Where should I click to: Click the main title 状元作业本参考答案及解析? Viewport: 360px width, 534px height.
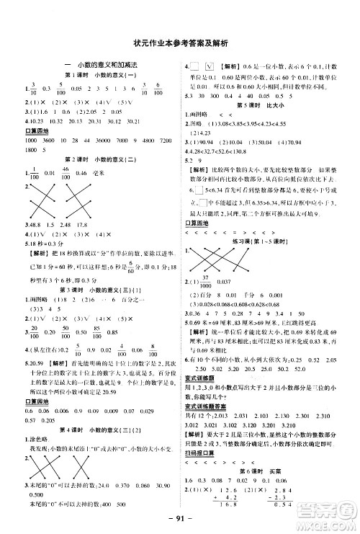(180, 43)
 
